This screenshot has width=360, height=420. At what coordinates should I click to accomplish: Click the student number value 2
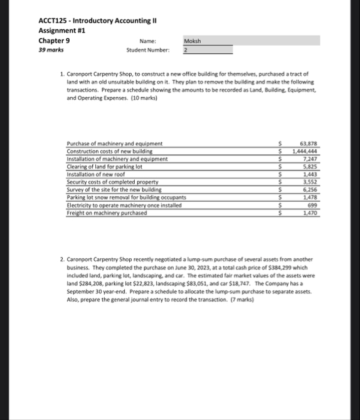[x=186, y=50]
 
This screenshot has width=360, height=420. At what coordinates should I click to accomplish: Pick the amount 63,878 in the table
[x=308, y=144]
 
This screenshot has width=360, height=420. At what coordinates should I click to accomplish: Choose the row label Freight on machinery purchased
[x=107, y=213]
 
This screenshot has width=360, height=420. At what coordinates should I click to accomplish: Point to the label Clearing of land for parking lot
[x=105, y=167]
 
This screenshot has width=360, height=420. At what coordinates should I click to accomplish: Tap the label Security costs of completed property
[x=109, y=182]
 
